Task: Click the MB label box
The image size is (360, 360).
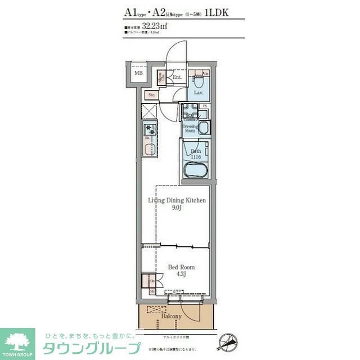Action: (x=138, y=73)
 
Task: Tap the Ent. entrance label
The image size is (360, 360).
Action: (x=177, y=78)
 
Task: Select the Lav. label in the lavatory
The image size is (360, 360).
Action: (x=198, y=92)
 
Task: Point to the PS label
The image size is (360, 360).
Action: (x=205, y=106)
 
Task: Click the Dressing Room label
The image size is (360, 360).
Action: (x=191, y=128)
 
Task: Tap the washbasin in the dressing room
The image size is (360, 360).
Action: (x=202, y=128)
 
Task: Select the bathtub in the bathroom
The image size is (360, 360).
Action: (x=196, y=170)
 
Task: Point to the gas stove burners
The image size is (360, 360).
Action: (x=150, y=129)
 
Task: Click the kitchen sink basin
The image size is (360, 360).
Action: (x=149, y=149)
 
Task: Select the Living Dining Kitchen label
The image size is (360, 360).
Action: (x=177, y=200)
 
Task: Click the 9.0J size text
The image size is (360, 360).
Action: (x=176, y=208)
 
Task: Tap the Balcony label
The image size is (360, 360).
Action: (x=172, y=317)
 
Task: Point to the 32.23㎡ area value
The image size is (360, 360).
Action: (x=155, y=26)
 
